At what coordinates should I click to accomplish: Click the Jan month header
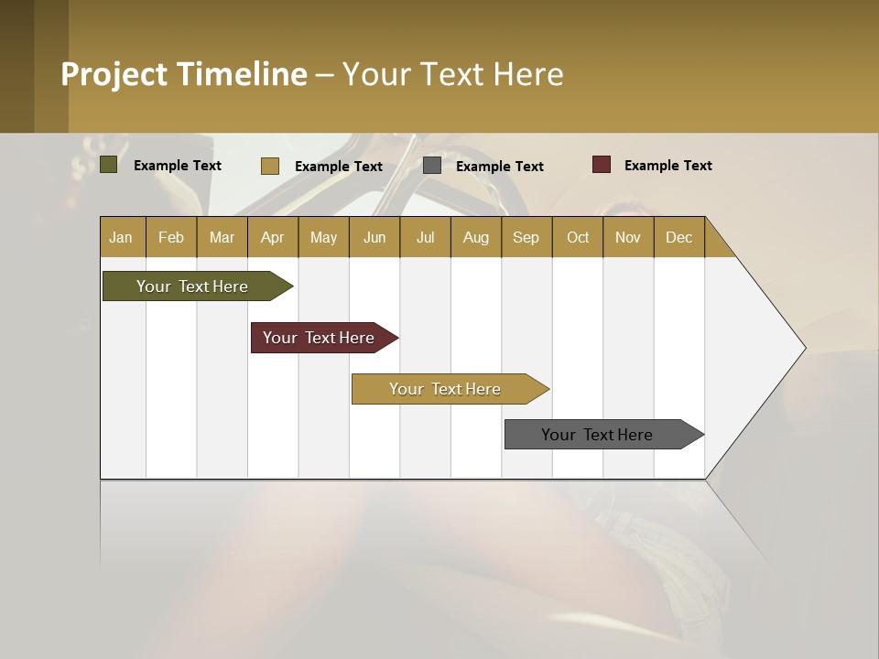(122, 237)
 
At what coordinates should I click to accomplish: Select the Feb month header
(171, 237)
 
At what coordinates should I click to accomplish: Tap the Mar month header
(222, 237)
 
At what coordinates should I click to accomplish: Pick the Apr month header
(273, 237)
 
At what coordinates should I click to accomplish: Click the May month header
(323, 237)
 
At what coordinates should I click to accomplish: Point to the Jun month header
(374, 237)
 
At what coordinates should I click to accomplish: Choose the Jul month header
(425, 237)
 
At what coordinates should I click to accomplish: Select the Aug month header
(476, 237)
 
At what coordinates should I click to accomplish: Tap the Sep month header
(526, 237)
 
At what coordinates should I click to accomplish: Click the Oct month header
(578, 237)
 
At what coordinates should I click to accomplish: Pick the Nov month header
(628, 237)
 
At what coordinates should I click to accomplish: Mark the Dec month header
(678, 237)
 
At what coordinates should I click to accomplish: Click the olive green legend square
(108, 165)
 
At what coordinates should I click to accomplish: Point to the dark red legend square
(602, 165)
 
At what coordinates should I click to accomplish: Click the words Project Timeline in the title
(184, 74)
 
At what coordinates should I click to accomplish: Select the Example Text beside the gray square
(499, 167)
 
